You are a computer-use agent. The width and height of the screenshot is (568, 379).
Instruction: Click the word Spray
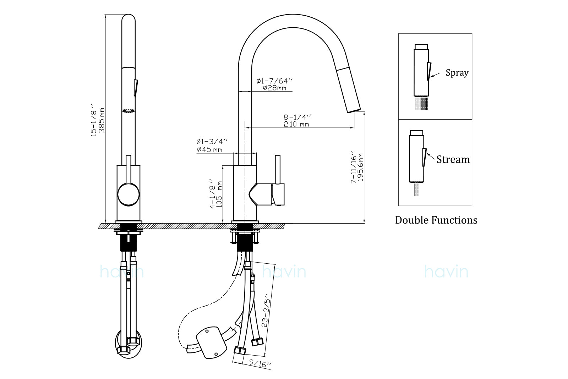(x=457, y=73)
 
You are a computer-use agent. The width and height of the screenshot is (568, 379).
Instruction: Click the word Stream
(x=453, y=160)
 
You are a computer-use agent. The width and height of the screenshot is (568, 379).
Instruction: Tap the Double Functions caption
(x=436, y=220)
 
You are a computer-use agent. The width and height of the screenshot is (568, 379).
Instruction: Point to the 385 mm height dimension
(x=102, y=120)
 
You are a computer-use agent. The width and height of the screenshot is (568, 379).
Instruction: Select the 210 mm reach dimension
(x=296, y=124)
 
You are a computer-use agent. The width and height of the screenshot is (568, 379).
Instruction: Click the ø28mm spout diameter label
(x=274, y=88)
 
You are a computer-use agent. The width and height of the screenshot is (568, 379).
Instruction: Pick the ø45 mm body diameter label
(x=209, y=149)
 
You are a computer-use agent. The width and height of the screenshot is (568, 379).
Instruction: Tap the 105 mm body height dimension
(x=219, y=195)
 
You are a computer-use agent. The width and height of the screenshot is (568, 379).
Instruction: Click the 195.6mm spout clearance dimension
(x=361, y=167)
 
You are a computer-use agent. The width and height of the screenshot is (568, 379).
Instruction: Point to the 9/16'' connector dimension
(x=260, y=363)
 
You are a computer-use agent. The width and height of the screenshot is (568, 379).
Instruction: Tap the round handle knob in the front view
(x=128, y=194)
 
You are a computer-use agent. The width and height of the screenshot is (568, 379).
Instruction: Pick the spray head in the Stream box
(x=416, y=158)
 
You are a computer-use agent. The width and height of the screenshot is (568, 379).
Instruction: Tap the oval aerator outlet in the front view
(x=129, y=111)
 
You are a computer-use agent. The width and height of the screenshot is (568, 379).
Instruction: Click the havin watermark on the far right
(x=446, y=272)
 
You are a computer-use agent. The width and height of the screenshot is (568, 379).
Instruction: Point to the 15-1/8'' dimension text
(x=94, y=120)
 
